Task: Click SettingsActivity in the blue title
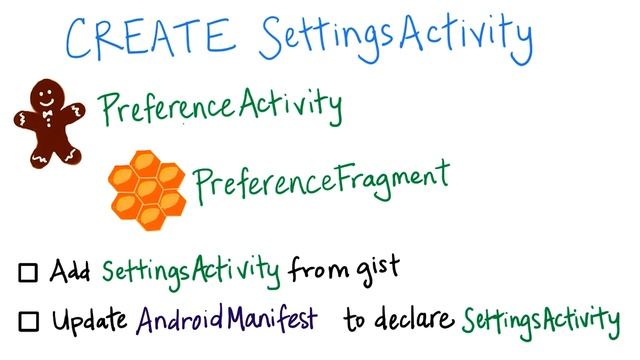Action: (x=395, y=37)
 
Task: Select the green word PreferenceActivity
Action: (x=220, y=106)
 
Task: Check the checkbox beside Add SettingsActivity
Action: (x=28, y=272)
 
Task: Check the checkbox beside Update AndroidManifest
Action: (x=28, y=322)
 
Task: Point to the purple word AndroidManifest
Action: (x=228, y=320)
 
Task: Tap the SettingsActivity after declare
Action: (x=540, y=321)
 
